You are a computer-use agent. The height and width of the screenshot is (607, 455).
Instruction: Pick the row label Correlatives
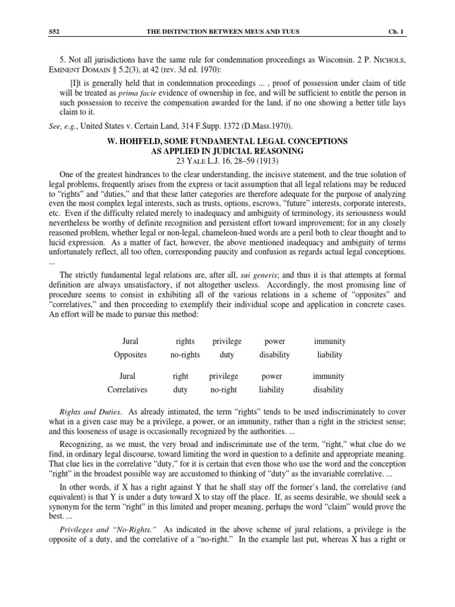click(129, 389)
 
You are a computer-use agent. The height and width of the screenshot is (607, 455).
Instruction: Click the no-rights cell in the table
click(181, 354)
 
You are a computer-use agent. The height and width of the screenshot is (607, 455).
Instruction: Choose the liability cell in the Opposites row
click(330, 354)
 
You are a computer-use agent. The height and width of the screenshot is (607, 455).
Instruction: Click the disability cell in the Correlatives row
click(329, 389)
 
